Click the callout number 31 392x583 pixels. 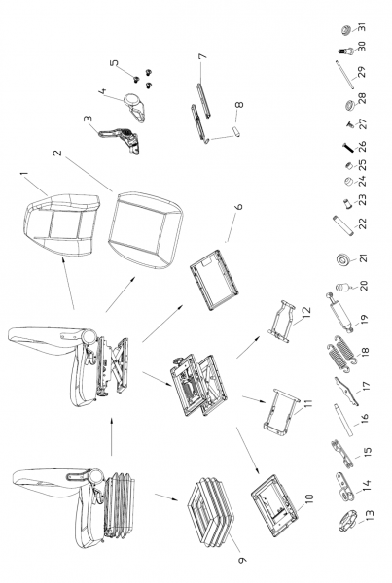click(362, 27)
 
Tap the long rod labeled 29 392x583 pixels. click(345, 75)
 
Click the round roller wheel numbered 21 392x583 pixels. click(343, 259)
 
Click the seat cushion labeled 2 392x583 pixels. click(145, 229)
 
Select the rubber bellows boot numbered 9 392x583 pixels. click(209, 507)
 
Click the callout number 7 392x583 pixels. click(202, 56)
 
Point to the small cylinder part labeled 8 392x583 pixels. click(235, 131)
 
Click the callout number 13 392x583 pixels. click(370, 515)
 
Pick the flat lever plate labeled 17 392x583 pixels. click(346, 392)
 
